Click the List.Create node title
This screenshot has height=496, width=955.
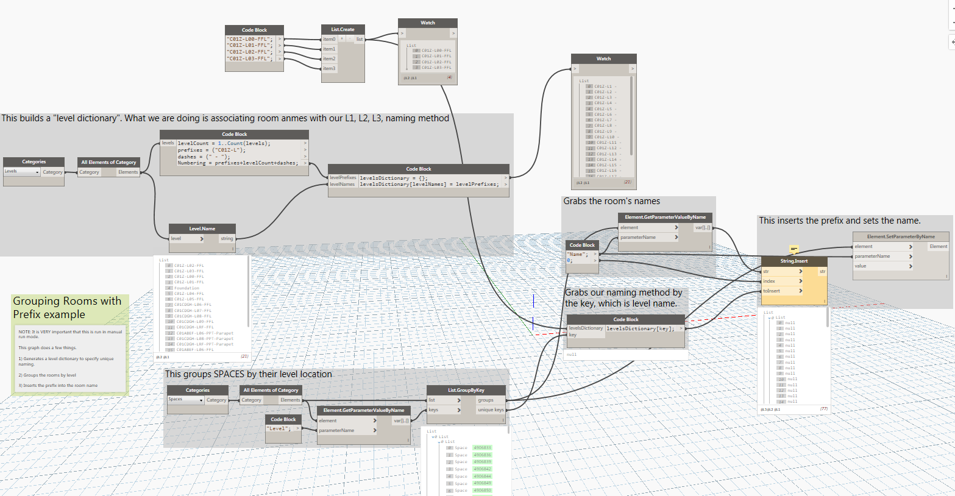pyautogui.click(x=343, y=29)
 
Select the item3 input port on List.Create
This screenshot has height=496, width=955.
pyautogui.click(x=329, y=68)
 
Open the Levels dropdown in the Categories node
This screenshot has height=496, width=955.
pyautogui.click(x=22, y=172)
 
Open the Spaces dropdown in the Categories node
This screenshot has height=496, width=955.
pyautogui.click(x=185, y=400)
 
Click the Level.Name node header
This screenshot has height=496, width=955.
pyautogui.click(x=202, y=229)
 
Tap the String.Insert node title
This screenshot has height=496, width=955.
pyautogui.click(x=793, y=261)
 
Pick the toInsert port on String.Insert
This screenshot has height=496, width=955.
pyautogui.click(x=772, y=291)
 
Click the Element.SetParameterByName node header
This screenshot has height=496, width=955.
pyautogui.click(x=901, y=236)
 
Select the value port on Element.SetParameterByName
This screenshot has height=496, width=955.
pyautogui.click(x=861, y=266)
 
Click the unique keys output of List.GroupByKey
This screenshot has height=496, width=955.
pyautogui.click(x=491, y=409)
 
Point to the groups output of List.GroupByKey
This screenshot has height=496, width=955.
pyautogui.click(x=486, y=400)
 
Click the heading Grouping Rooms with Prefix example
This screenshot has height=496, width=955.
pyautogui.click(x=66, y=308)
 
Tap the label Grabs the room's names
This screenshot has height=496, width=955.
pyautogui.click(x=611, y=201)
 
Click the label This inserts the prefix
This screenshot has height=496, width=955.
pyautogui.click(x=839, y=221)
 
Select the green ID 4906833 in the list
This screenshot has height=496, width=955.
pyautogui.click(x=482, y=448)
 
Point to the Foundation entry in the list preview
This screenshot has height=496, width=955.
pyautogui.click(x=186, y=288)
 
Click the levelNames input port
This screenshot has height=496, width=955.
pyautogui.click(x=342, y=184)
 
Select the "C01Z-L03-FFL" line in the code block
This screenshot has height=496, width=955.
pyautogui.click(x=249, y=58)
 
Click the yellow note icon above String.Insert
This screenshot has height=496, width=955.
pyautogui.click(x=794, y=249)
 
